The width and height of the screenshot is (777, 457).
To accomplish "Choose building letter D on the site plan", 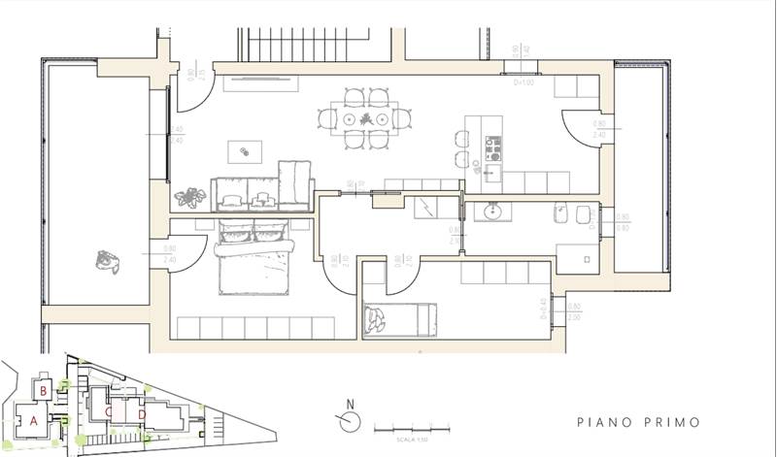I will point(142,415).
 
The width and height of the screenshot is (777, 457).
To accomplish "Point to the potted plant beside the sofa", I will point(190,198).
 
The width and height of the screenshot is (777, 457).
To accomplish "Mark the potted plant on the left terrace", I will point(106,260).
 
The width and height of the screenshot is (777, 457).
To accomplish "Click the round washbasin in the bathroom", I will point(490,211).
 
